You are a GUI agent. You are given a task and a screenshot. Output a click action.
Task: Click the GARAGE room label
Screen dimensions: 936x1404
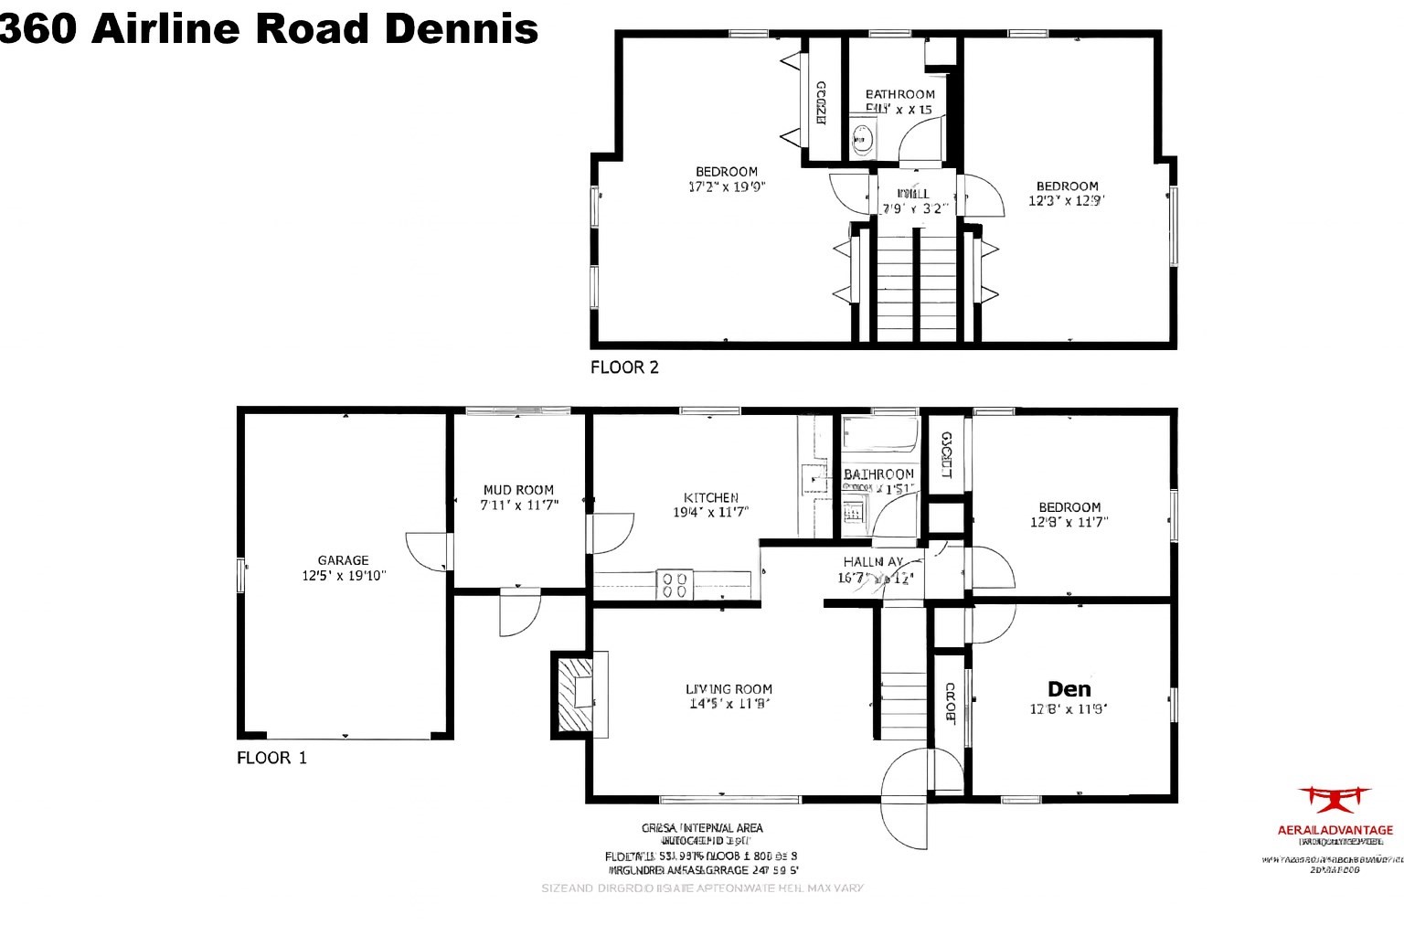click(x=343, y=560)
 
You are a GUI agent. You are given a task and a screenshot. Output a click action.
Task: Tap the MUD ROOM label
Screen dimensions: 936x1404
click(x=518, y=490)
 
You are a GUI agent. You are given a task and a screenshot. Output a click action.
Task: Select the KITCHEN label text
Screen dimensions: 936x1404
click(x=710, y=497)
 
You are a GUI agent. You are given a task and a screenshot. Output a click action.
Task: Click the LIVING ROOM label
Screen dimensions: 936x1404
click(x=729, y=689)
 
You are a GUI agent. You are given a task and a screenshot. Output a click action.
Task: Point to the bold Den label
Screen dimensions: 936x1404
click(x=1069, y=689)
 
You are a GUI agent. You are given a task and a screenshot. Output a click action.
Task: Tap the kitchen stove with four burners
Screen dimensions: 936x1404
click(x=675, y=585)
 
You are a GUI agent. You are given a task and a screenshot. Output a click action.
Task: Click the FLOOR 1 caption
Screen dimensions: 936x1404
click(x=271, y=758)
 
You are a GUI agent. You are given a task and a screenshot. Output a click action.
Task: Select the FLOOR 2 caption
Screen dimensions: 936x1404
click(x=624, y=367)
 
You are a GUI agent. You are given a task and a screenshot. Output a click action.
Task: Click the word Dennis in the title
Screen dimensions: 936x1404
click(x=461, y=29)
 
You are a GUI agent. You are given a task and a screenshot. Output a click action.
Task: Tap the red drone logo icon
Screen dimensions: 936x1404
click(x=1335, y=799)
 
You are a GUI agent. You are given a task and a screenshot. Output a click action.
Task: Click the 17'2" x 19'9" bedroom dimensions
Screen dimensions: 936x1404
click(x=726, y=186)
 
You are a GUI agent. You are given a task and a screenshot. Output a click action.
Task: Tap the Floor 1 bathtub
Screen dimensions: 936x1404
click(x=879, y=435)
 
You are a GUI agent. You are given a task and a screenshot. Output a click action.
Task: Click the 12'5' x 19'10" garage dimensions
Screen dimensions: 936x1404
click(x=344, y=576)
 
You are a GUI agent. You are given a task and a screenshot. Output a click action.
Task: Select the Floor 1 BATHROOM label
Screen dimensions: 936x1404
click(x=878, y=473)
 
